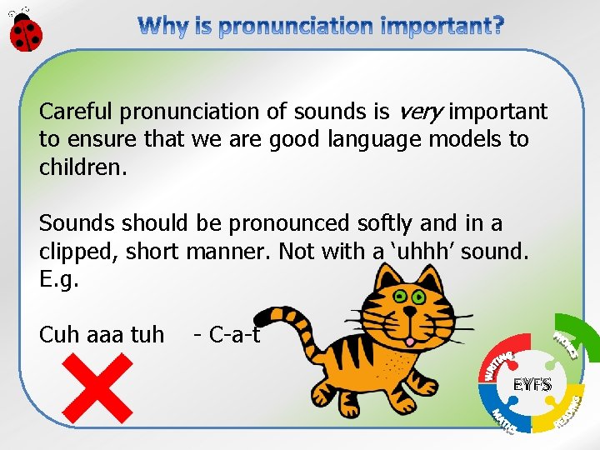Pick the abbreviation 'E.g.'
(59, 279)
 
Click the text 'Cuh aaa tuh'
(102, 335)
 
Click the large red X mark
(97, 387)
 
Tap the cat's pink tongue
(408, 342)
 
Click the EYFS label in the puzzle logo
(531, 385)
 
